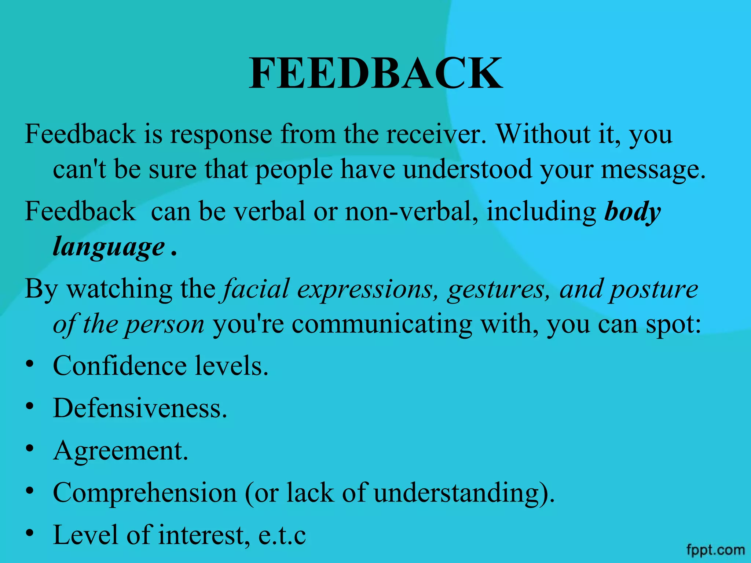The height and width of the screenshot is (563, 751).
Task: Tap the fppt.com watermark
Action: coord(715,550)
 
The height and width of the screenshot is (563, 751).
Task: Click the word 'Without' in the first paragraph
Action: coord(543,134)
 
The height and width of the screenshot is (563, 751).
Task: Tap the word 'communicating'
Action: coord(382,324)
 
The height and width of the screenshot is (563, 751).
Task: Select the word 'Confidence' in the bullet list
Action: coord(120,366)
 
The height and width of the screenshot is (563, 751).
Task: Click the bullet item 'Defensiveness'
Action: coord(139,408)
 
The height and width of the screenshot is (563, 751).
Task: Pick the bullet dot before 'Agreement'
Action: coord(30,448)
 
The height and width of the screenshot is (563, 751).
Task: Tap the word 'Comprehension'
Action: coord(145,493)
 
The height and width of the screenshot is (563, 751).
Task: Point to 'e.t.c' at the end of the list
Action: coord(282,536)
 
